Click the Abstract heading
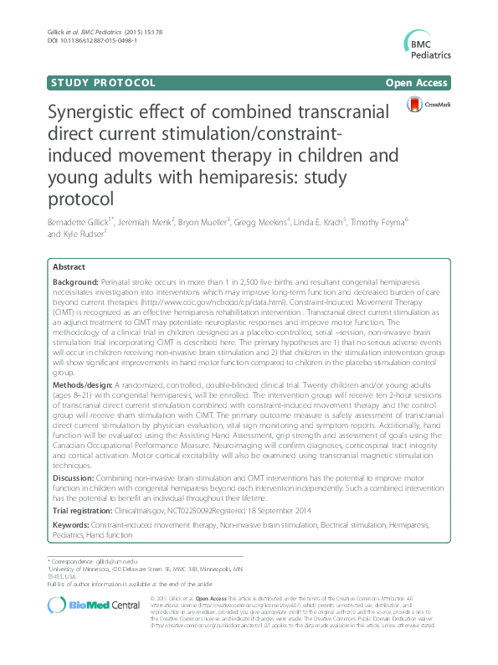[x=69, y=266]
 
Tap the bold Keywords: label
[x=74, y=523]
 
